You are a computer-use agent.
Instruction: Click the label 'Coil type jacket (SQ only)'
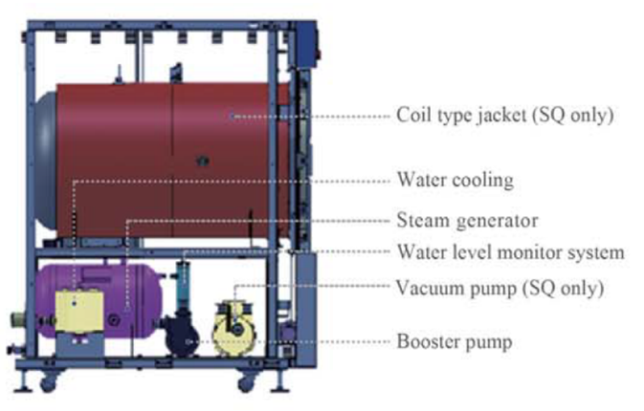pos(503,117)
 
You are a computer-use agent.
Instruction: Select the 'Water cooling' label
pos(455,180)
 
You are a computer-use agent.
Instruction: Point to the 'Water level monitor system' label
pos(510,253)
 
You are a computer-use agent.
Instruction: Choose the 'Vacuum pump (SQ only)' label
pos(501,287)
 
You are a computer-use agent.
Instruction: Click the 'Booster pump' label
pos(454,340)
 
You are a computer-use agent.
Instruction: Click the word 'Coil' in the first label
pos(412,117)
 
